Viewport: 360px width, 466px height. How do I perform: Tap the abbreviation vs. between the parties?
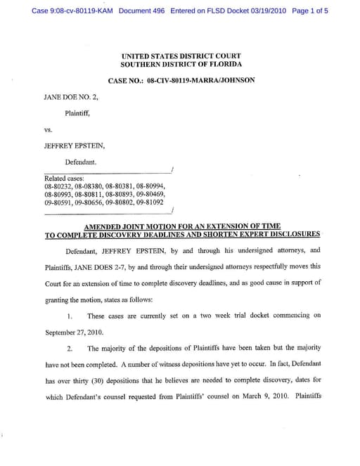[x=49, y=130]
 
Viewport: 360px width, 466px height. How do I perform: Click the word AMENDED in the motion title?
[x=105, y=226]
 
